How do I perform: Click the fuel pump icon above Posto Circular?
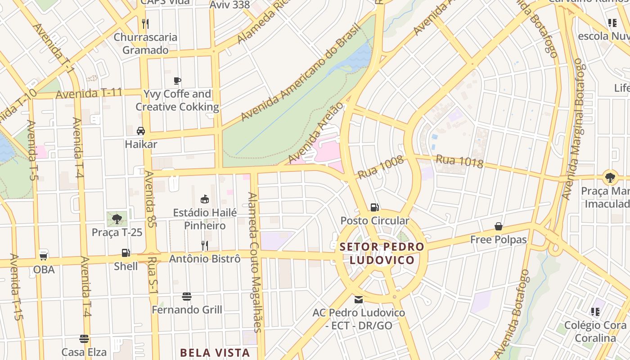pyautogui.click(x=374, y=207)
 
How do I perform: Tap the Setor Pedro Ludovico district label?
pyautogui.click(x=382, y=253)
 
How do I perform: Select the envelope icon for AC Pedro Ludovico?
pyautogui.click(x=359, y=299)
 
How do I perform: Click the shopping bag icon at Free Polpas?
pyautogui.click(x=499, y=226)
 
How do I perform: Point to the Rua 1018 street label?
pyautogui.click(x=459, y=161)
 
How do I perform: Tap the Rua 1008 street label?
pyautogui.click(x=380, y=167)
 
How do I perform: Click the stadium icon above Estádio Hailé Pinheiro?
pyautogui.click(x=205, y=199)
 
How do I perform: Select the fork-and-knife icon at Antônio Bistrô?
pyautogui.click(x=204, y=245)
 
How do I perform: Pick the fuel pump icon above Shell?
pyautogui.click(x=126, y=253)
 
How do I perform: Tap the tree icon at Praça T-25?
pyautogui.click(x=117, y=219)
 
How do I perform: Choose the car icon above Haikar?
pyautogui.click(x=141, y=131)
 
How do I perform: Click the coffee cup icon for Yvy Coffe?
pyautogui.click(x=177, y=81)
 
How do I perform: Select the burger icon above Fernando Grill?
pyautogui.click(x=187, y=297)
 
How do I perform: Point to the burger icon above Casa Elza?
pyautogui.click(x=84, y=339)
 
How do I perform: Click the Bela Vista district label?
pyautogui.click(x=215, y=352)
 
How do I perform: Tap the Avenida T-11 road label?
pyautogui.click(x=89, y=94)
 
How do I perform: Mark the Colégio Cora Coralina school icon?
pyautogui.click(x=595, y=312)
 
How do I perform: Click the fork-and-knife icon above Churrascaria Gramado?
pyautogui.click(x=145, y=24)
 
